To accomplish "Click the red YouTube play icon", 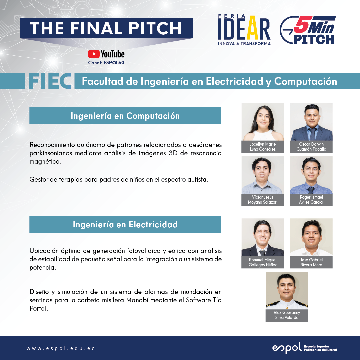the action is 94,54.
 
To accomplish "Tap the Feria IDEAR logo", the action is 244,30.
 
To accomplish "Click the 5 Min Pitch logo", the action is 308,30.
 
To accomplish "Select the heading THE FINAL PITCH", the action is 106,28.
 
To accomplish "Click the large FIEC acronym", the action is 50,81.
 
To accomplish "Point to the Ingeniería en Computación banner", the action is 125,115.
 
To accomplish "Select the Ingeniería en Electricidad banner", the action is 125,224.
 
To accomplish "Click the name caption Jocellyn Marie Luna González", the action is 263,146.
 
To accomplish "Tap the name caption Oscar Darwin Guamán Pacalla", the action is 311,146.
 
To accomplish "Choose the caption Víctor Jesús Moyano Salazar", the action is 263,200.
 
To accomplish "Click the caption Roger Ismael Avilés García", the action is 311,200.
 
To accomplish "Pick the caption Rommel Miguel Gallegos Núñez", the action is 263,262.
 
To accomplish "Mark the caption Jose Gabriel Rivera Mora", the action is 311,262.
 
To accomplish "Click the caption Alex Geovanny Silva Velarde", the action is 287,315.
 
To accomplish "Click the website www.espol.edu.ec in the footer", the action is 60,348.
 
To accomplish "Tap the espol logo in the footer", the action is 304,348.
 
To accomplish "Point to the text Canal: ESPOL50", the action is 106,62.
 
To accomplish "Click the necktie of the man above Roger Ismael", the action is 311,190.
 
